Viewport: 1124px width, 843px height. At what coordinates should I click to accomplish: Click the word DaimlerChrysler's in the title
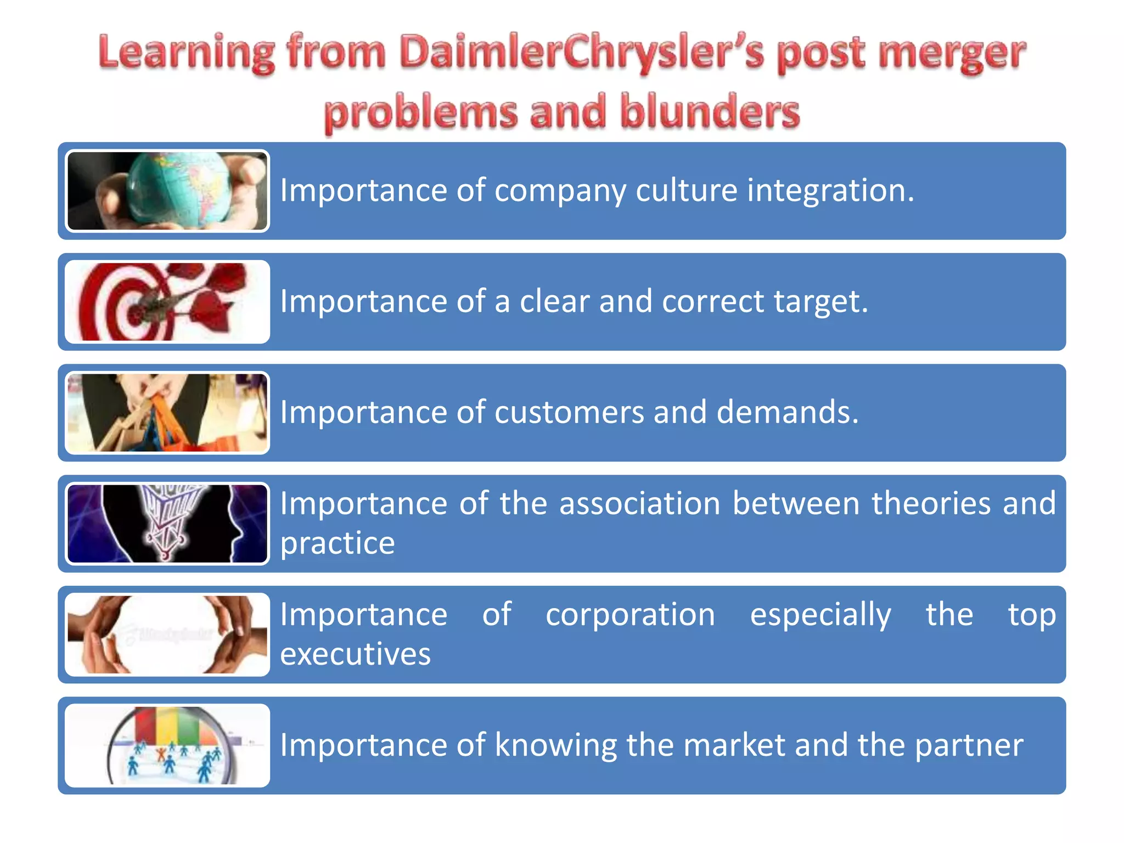tap(582, 53)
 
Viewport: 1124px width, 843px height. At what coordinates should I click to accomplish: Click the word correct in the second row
tap(712, 301)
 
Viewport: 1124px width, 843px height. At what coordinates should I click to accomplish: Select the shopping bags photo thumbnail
tap(167, 413)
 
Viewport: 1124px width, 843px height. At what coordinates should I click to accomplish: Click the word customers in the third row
tap(569, 412)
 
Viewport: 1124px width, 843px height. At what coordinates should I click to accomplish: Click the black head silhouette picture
tap(167, 524)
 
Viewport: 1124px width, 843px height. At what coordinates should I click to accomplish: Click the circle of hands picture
tap(167, 634)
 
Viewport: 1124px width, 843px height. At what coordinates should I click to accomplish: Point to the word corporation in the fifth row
tap(630, 614)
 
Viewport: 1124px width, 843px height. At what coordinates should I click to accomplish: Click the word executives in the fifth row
tap(355, 654)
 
